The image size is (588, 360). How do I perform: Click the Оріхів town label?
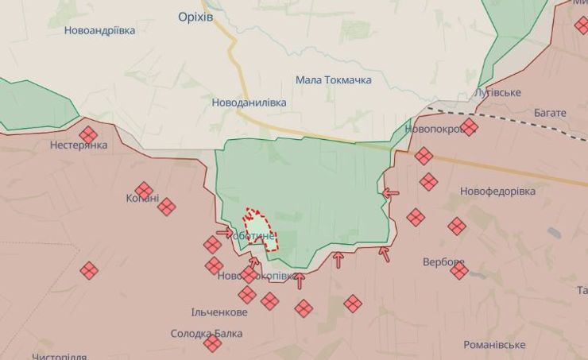click(x=195, y=17)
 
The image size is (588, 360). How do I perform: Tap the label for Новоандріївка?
click(x=100, y=30)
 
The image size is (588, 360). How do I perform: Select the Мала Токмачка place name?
click(x=333, y=79)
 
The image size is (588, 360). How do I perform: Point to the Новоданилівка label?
click(x=249, y=103)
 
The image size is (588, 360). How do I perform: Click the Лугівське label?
click(x=497, y=93)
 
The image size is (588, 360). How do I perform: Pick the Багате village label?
click(x=550, y=113)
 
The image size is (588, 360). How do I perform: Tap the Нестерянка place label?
click(x=78, y=145)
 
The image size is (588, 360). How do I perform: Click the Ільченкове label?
click(x=219, y=312)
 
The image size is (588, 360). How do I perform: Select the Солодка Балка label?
click(x=207, y=334)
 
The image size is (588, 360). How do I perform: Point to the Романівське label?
click(x=494, y=345)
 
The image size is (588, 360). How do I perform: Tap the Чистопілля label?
click(x=59, y=357)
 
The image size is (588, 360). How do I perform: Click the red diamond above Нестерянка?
click(x=88, y=134)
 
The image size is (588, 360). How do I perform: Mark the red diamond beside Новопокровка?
click(x=469, y=127)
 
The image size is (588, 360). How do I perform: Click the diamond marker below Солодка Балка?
click(x=212, y=343)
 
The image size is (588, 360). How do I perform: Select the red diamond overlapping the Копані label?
click(x=144, y=191)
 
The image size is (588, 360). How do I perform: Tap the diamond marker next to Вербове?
click(x=459, y=271)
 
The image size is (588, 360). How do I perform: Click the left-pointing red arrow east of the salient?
click(x=390, y=192)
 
